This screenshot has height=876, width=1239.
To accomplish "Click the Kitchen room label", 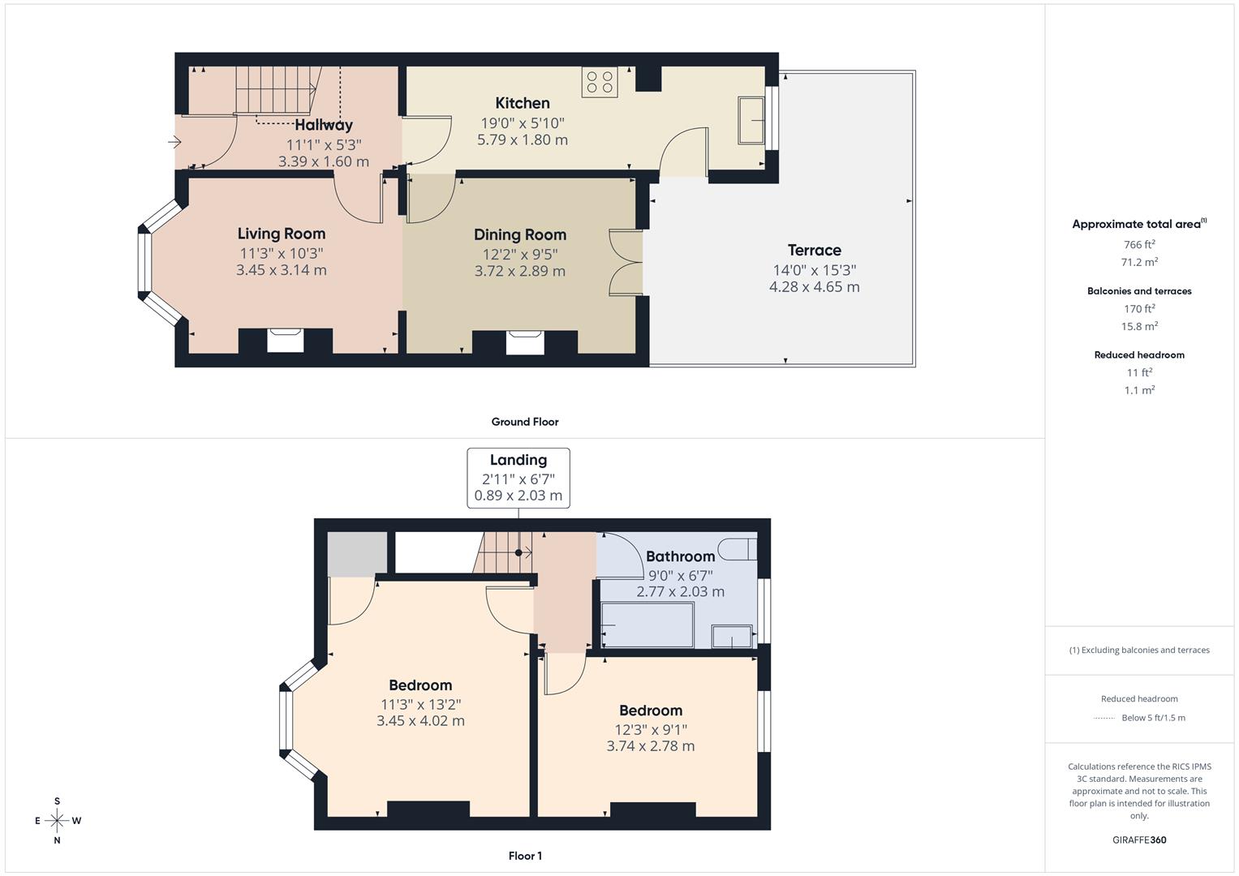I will (522, 103).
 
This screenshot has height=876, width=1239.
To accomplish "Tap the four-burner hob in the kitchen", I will (600, 82).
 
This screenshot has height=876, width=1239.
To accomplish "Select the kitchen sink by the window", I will (751, 120).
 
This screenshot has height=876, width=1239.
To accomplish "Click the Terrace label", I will (814, 250).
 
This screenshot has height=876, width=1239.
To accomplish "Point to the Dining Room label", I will (519, 234).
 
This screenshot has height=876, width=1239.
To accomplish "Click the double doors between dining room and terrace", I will (626, 262).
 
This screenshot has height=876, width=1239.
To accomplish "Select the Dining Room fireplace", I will (524, 341).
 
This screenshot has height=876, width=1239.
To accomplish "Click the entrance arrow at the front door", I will (174, 143).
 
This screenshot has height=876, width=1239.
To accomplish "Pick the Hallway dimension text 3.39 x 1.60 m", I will (323, 161).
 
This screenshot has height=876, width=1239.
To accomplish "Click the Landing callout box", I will (518, 478).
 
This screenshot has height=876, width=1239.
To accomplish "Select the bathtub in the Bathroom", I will (647, 625).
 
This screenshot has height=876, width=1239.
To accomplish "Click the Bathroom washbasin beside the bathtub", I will (732, 636).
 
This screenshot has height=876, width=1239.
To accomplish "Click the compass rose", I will (57, 820).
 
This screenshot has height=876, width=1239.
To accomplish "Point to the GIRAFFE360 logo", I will (1138, 839).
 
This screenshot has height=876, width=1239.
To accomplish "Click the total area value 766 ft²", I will (1138, 244).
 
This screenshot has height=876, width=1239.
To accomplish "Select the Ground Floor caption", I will (524, 422).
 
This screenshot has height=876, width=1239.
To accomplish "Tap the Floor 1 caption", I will (524, 856).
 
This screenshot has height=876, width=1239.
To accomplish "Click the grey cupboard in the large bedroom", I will (356, 553).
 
